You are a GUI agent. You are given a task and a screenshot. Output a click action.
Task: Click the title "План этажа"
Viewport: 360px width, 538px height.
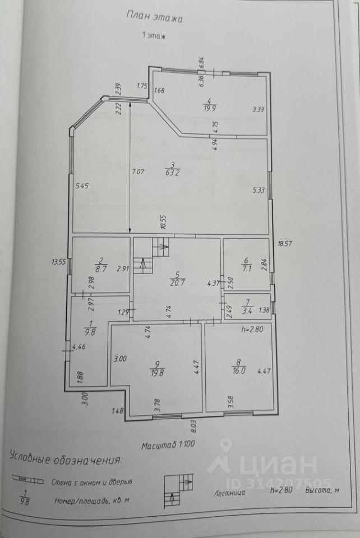(x=155, y=17)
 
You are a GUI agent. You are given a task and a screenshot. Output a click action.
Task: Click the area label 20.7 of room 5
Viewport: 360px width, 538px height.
(x=178, y=282)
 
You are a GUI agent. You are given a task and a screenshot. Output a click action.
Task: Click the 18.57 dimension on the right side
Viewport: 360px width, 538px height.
(x=286, y=244)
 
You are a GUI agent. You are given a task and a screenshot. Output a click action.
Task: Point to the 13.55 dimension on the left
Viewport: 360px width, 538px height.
(x=58, y=261)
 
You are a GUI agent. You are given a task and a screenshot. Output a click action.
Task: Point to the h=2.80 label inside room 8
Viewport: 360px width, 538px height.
(x=252, y=330)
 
